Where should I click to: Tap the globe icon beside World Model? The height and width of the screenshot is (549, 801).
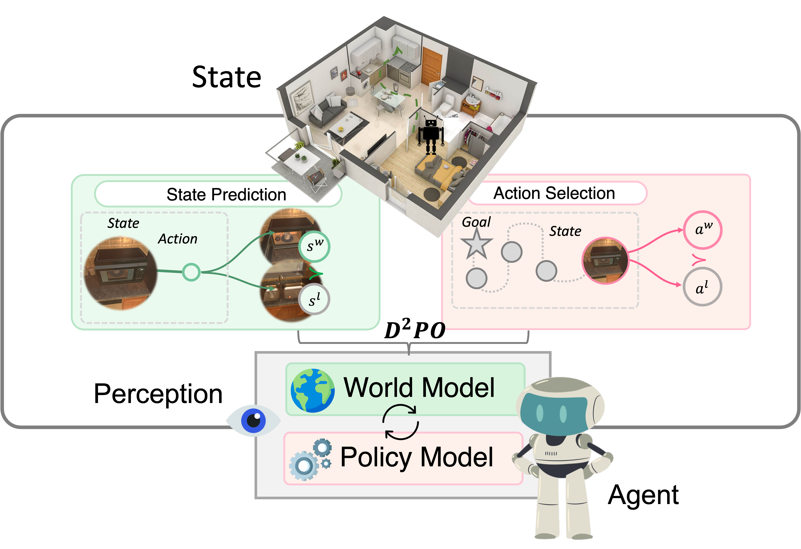point(312,390)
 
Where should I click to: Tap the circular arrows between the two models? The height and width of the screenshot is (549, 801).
point(400,422)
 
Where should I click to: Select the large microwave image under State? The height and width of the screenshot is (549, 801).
point(120,273)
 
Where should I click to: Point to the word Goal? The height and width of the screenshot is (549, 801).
point(476,222)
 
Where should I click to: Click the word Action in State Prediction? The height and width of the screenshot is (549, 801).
point(178,239)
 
